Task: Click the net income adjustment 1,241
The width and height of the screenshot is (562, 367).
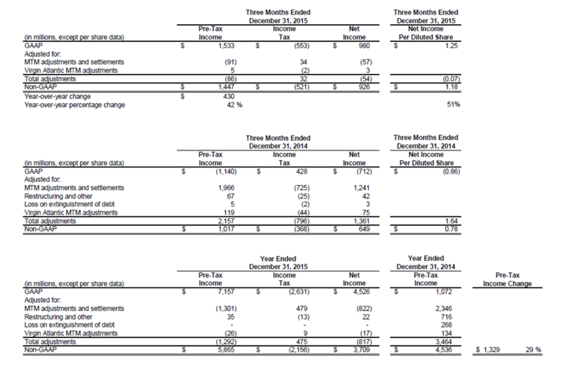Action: coord(361,187)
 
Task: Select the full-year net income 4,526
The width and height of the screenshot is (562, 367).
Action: coord(361,292)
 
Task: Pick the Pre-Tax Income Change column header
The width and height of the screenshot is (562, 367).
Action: coord(507,279)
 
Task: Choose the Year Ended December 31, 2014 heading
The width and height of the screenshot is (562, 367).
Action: coord(425,262)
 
